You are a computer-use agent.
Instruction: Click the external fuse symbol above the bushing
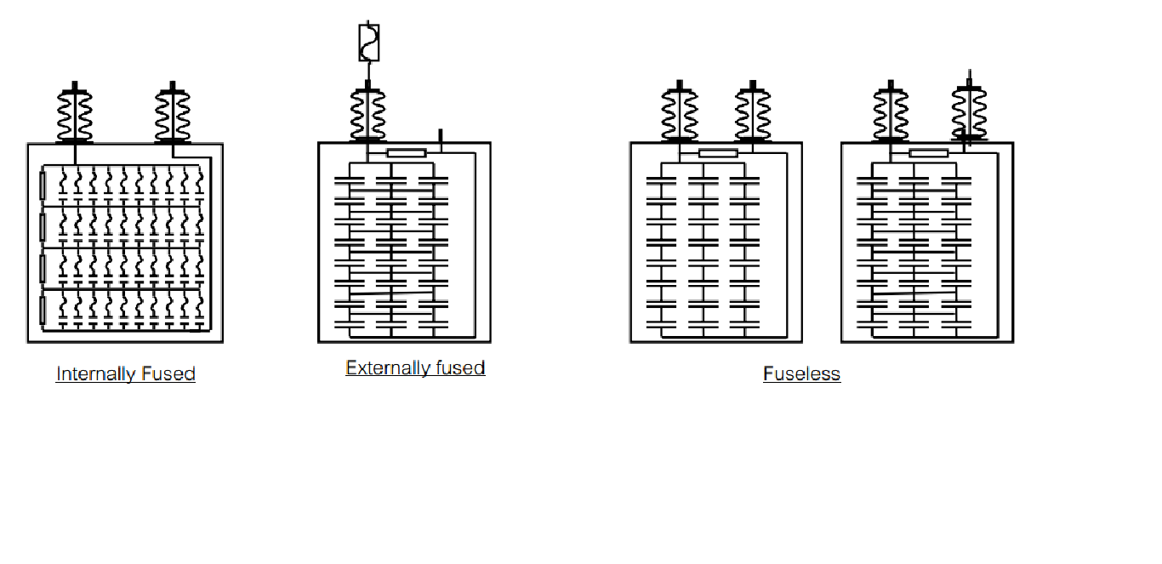tap(368, 43)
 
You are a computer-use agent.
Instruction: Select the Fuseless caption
tap(801, 373)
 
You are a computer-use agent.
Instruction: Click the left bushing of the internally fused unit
tap(75, 114)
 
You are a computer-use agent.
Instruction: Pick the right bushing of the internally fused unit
tap(173, 114)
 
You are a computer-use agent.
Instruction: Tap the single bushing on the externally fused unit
tap(367, 114)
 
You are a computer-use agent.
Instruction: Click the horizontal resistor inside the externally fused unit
tap(406, 153)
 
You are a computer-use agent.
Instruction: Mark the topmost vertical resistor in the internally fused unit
tap(43, 185)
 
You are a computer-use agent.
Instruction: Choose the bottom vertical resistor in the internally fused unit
tap(43, 308)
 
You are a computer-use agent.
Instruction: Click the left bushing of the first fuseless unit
tap(680, 114)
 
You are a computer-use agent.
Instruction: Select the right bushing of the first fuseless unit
tap(752, 114)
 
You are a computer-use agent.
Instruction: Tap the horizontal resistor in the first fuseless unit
tap(717, 153)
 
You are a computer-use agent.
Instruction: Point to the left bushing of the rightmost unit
tap(891, 114)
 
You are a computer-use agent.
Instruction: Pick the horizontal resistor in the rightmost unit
tap(928, 153)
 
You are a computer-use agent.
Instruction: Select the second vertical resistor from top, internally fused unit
tap(43, 226)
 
